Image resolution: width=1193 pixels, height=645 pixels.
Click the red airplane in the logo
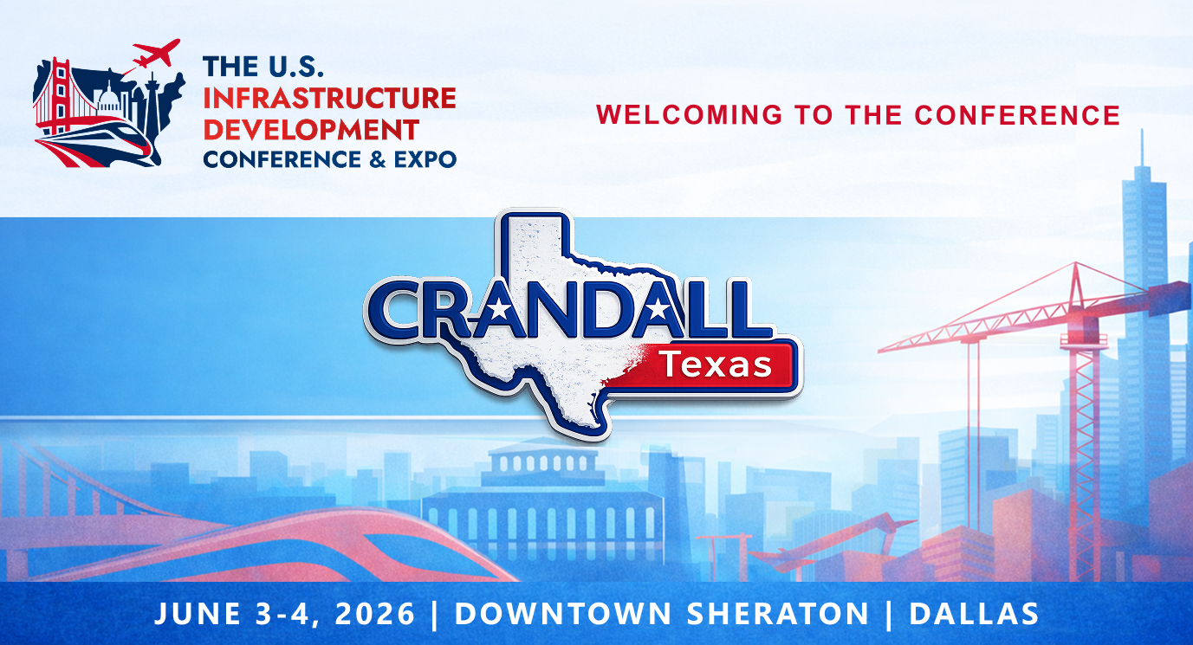[159, 55]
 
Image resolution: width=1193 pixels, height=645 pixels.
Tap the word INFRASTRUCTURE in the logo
[329, 97]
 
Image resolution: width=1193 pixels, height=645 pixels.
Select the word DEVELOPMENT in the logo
[311, 128]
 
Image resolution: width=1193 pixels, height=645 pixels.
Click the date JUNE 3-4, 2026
[285, 614]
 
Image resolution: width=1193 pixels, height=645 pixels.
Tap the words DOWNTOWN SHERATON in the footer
[661, 614]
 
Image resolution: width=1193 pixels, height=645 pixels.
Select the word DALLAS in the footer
[974, 614]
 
